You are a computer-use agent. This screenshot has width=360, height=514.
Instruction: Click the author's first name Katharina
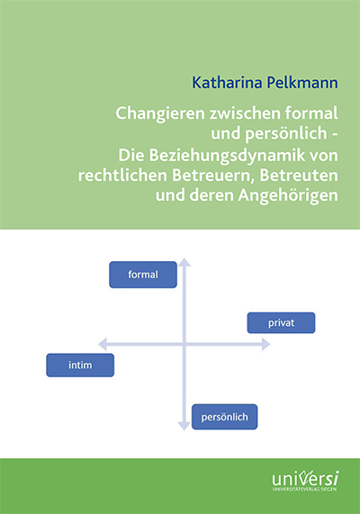coord(227,83)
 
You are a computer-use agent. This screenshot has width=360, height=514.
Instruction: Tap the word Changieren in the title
coord(160,114)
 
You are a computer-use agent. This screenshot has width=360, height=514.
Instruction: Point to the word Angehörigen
coord(288,196)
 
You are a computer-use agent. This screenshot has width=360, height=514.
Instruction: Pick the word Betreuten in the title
coord(299,176)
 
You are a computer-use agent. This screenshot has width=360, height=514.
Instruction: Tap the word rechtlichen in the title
coord(122,176)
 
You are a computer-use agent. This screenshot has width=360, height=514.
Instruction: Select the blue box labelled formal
coord(143,275)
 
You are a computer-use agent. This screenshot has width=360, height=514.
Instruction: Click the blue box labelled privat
coord(281,323)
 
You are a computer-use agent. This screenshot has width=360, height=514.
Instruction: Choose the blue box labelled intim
coord(80,365)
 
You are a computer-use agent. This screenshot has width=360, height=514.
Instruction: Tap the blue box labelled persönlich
coord(225,417)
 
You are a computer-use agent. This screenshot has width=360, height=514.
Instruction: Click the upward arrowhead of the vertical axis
coord(184,262)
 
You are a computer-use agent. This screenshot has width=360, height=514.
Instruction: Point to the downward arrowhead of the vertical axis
coord(184,426)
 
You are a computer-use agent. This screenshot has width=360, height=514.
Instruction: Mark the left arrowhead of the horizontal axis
coord(103,344)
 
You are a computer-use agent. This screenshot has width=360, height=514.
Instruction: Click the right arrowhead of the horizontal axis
coord(265,345)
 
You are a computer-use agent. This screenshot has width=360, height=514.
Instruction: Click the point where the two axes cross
coord(184,344)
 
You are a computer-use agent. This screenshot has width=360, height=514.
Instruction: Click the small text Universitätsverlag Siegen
coord(304,490)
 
